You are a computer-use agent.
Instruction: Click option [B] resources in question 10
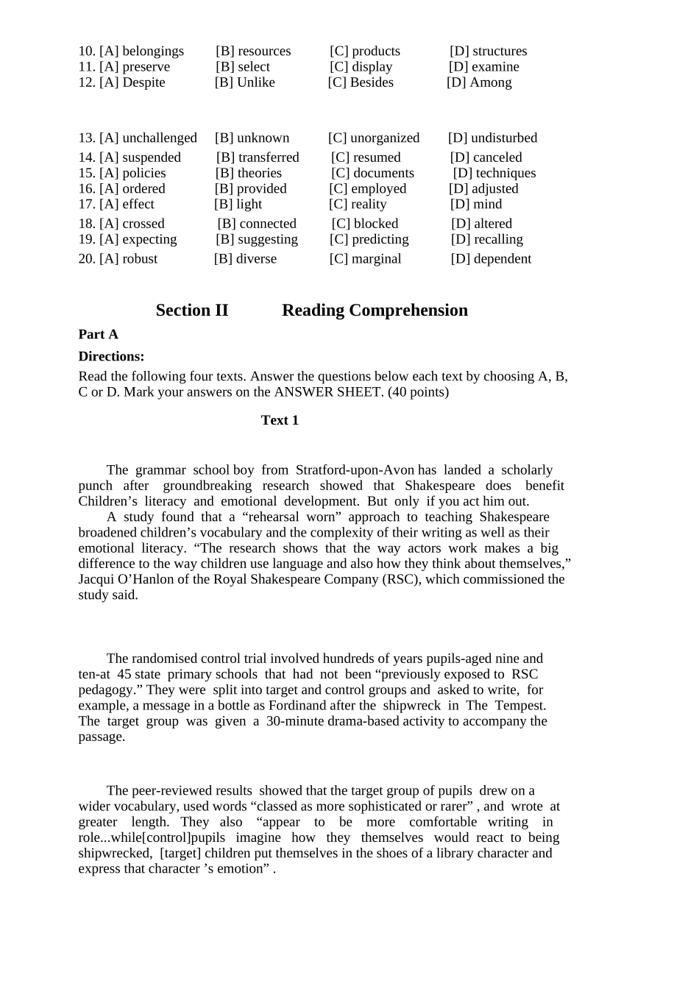pos(253,52)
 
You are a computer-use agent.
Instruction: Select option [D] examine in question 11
pos(483,67)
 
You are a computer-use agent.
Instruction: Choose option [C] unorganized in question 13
pos(374,138)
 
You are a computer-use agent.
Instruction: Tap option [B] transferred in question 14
pos(258,157)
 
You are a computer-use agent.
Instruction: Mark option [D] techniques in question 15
pos(494,174)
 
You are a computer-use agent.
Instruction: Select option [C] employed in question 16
pos(367,189)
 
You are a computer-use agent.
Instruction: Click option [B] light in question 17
pos(238,205)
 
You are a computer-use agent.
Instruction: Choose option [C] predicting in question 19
pos(369,240)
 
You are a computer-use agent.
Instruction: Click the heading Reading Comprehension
pos(375,311)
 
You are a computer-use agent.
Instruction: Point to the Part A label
pos(99,335)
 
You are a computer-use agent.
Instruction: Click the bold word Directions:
pos(111,357)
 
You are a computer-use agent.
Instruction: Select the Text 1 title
pos(280,421)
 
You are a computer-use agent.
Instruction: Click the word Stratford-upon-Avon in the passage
pos(356,470)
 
